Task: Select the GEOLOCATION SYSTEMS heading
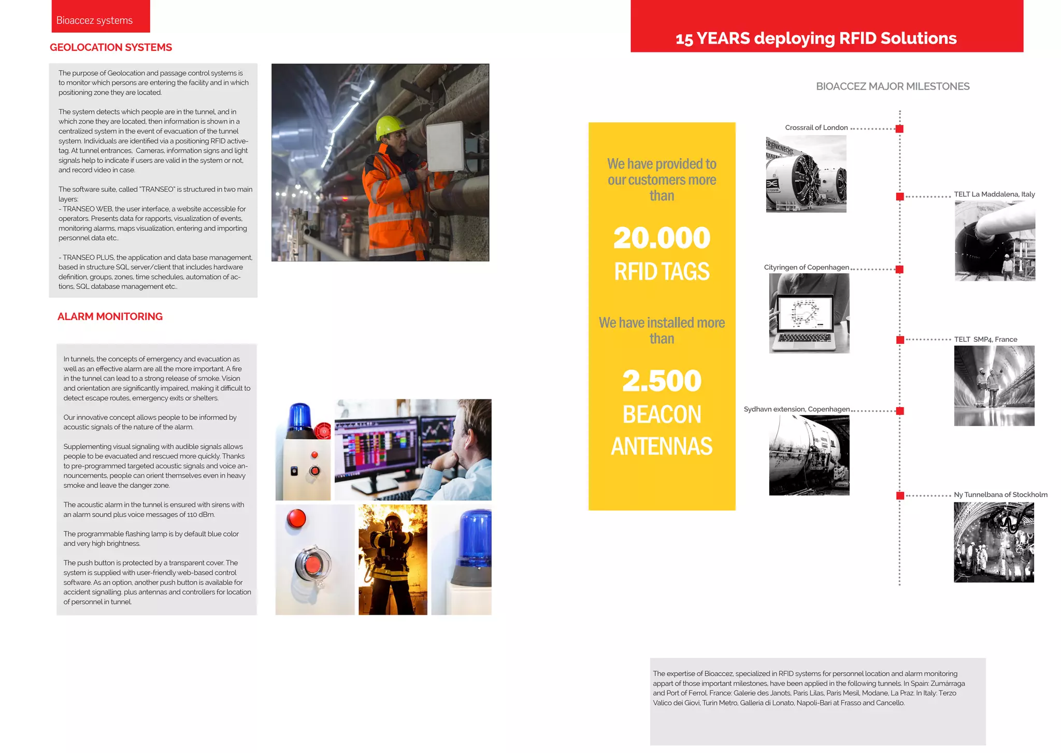111,47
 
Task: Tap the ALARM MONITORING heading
110,316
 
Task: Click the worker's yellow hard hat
390,126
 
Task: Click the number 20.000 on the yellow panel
662,238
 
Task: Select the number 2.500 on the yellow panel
662,381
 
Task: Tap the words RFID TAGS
662,271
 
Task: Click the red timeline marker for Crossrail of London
899,128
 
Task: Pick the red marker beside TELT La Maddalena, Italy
900,197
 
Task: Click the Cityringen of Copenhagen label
806,267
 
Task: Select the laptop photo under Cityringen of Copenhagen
809,313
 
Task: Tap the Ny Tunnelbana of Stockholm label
1000,495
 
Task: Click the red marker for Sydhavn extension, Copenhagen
900,411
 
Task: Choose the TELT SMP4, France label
985,339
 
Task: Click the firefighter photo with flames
393,559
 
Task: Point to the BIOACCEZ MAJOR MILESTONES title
893,86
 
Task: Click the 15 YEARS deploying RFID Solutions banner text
816,38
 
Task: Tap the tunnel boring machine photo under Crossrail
806,174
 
